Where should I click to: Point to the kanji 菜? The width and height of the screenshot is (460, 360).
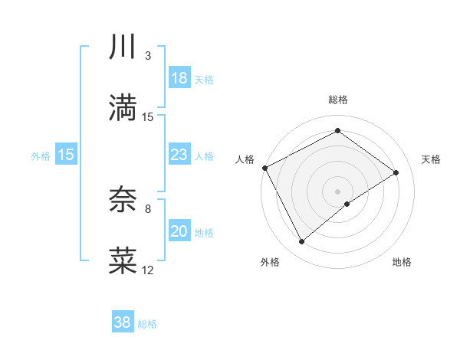click(123, 260)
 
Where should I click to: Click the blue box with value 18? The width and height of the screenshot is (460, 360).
click(179, 78)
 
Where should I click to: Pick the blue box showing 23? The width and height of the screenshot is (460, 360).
click(179, 155)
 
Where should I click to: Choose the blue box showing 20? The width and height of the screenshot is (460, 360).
click(179, 231)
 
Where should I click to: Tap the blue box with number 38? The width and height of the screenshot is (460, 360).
click(122, 322)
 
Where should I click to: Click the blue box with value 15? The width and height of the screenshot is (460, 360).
click(66, 155)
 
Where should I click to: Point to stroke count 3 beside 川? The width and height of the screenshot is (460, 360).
click(148, 56)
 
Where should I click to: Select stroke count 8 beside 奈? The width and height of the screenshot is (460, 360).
click(148, 208)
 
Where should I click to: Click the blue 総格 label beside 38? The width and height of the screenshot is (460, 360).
click(147, 324)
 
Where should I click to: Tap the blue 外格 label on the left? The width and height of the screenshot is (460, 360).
click(41, 155)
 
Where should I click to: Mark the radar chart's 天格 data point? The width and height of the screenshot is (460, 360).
click(396, 172)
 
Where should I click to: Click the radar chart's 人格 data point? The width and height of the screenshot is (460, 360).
click(264, 167)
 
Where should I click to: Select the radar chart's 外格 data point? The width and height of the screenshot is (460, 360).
click(301, 242)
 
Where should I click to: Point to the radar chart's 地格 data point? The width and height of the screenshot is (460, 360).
click(347, 204)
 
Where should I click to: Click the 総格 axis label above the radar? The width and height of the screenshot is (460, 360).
click(337, 100)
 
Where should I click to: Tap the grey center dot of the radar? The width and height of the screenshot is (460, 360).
click(337, 191)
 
